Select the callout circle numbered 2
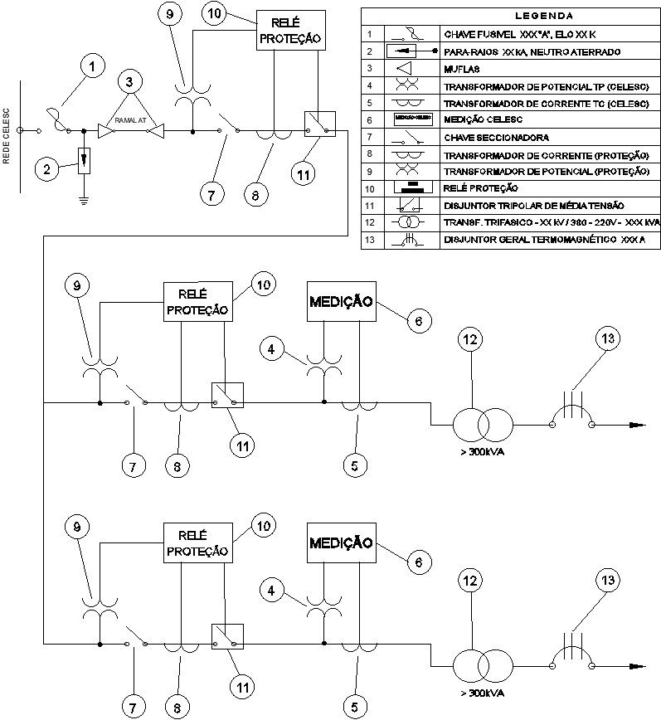tap(47, 169)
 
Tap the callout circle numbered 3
tap(130, 82)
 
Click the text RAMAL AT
tap(130, 121)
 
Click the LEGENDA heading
tap(510, 15)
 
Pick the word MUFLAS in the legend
tap(462, 69)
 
